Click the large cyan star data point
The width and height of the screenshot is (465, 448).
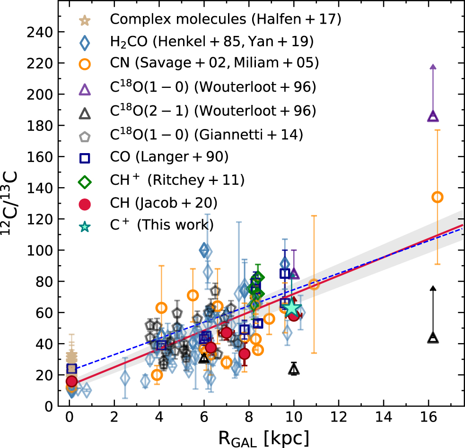[x=292, y=308]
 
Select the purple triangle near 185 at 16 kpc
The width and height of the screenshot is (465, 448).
[x=433, y=116]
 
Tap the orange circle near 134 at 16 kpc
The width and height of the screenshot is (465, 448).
[x=438, y=197]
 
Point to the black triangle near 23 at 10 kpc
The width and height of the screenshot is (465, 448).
[x=294, y=370]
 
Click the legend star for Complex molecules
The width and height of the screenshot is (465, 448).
[x=86, y=20]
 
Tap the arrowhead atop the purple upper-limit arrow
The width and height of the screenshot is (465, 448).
[x=433, y=67]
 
